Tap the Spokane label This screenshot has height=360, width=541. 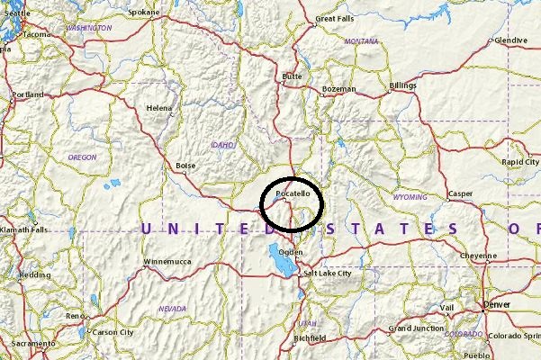[x=144, y=13]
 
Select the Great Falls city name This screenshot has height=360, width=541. [x=334, y=18]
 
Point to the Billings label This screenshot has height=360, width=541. [x=402, y=85]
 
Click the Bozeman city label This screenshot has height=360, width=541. [x=340, y=89]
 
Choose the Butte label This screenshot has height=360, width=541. [x=292, y=76]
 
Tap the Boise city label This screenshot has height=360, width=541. [x=185, y=166]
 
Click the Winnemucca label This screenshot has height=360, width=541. [x=167, y=262]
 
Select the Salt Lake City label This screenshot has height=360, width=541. [x=328, y=273]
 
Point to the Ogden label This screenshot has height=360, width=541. [x=291, y=252]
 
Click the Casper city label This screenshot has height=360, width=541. [x=460, y=193]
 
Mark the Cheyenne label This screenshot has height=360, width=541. [x=478, y=256]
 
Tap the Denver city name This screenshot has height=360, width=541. [x=496, y=304]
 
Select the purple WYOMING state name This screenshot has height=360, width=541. [x=410, y=196]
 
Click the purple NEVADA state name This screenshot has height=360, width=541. [x=172, y=308]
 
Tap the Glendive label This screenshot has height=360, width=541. [x=510, y=40]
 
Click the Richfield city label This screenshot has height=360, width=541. [x=309, y=338]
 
